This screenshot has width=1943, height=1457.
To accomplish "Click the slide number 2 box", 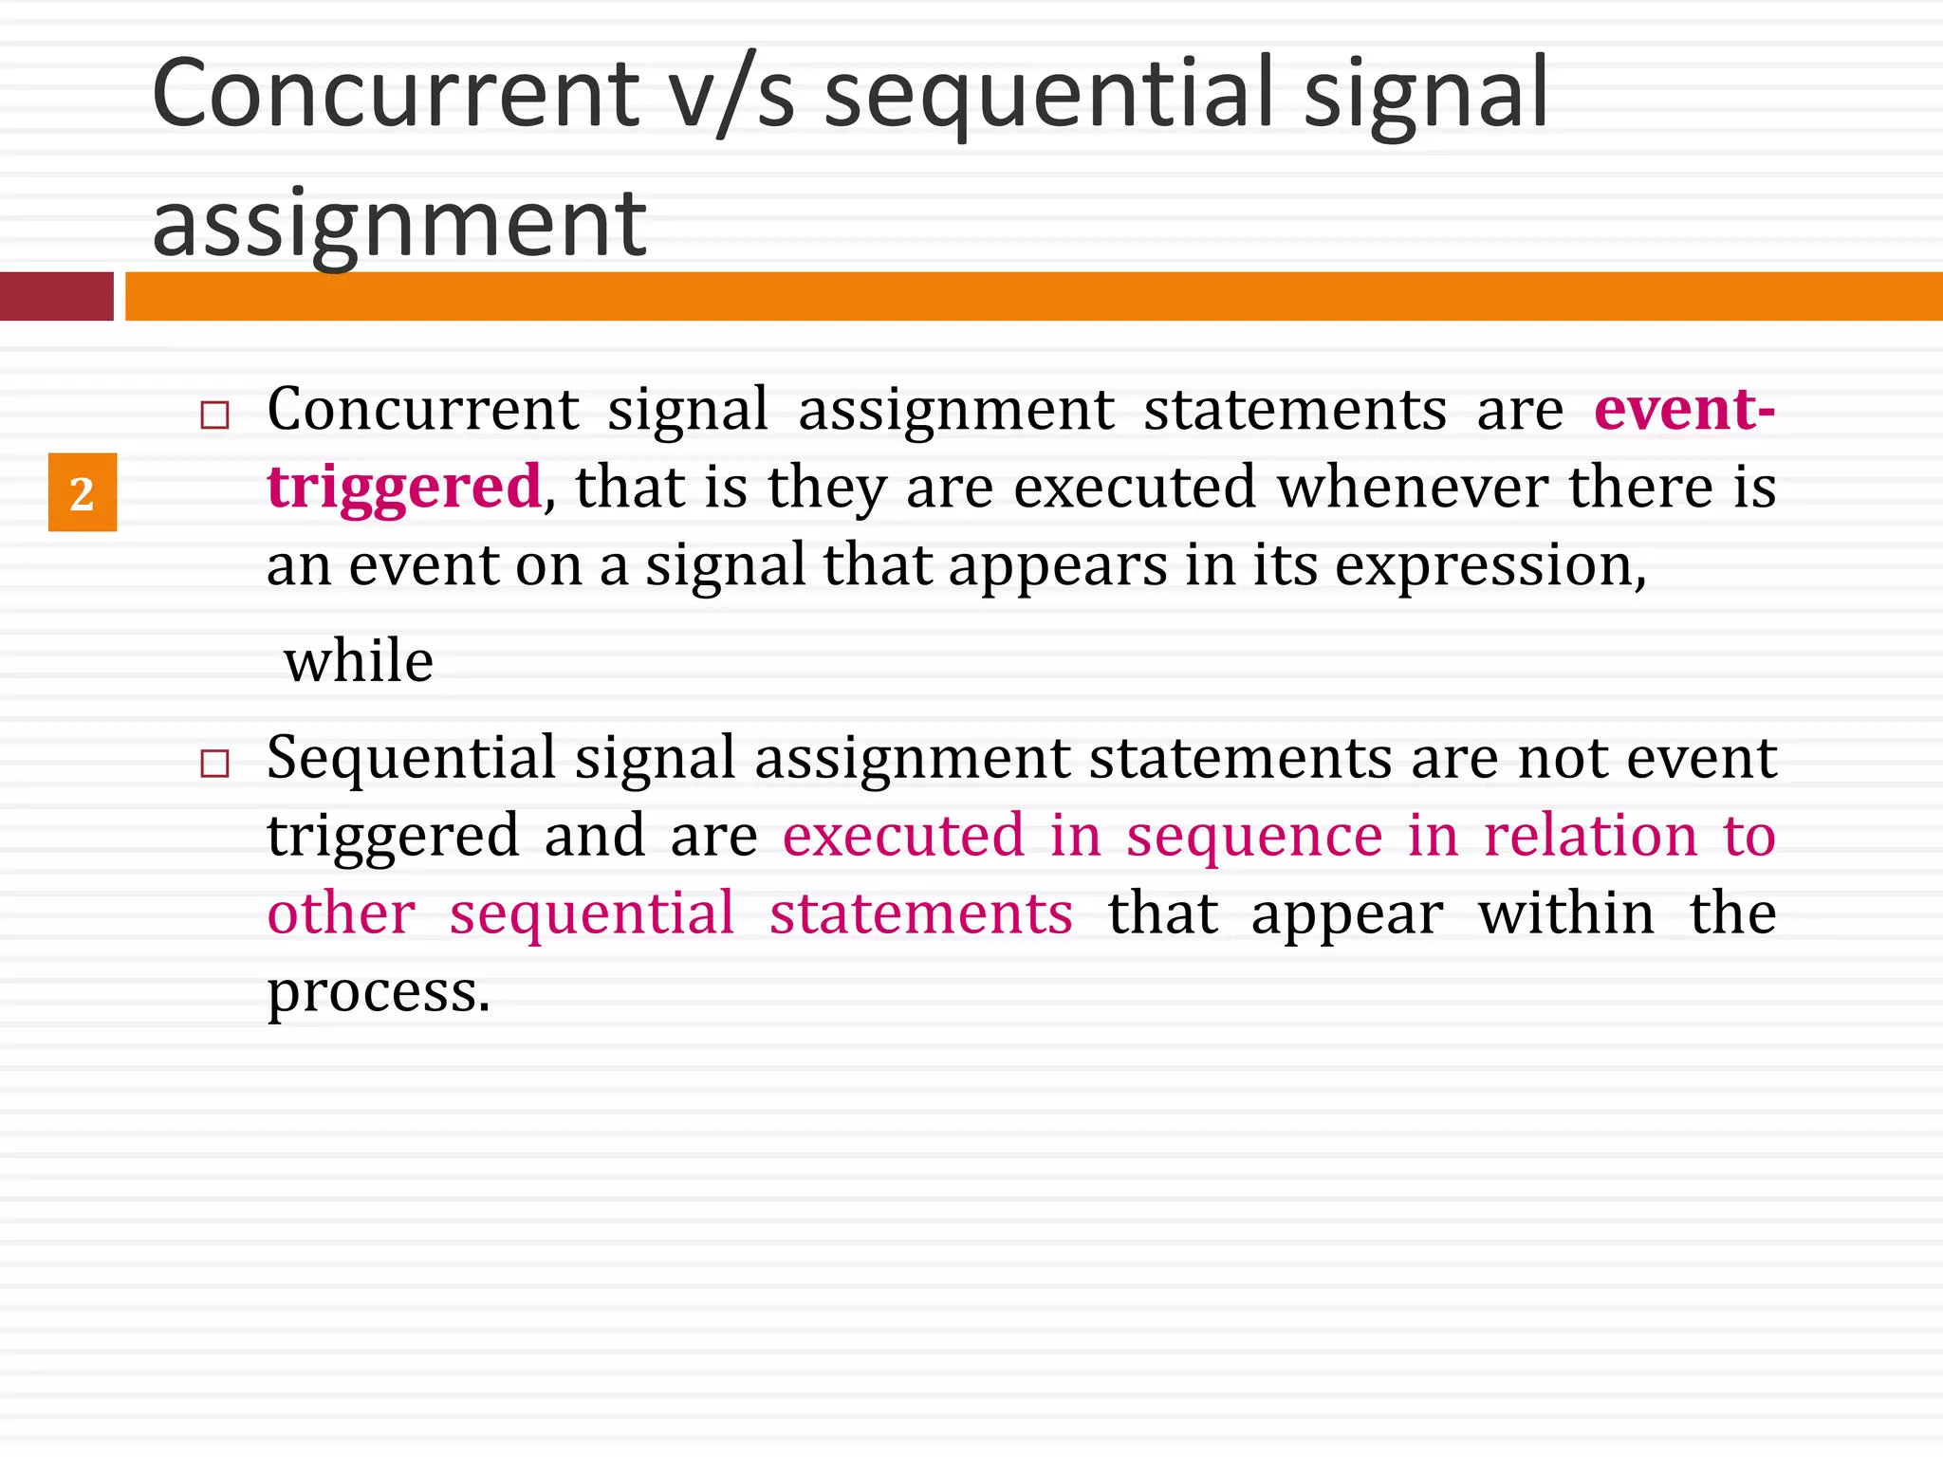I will point(83,492).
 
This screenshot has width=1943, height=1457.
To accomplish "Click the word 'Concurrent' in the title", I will point(396,94).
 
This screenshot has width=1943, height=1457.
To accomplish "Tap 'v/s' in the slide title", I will point(731,96).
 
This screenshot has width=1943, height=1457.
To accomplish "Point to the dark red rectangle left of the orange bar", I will point(56,296).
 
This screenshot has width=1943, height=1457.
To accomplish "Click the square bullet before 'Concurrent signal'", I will point(215,415).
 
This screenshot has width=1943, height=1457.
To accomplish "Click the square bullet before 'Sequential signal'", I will point(215,763).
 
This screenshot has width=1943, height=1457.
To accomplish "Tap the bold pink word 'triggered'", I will point(404,488).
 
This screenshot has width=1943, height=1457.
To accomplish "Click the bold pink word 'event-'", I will point(1683,410).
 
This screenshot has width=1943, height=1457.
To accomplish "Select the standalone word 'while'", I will point(359,661).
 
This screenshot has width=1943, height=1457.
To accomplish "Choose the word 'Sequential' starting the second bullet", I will point(411,759).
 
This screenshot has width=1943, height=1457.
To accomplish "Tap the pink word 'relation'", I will point(1590,837).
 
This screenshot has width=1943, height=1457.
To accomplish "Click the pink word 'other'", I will point(341,914).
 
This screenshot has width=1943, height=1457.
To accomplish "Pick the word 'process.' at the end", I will point(379,993).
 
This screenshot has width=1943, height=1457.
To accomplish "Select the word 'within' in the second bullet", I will point(1565,914).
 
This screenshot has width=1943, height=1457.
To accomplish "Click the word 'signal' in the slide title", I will point(1426,96).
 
